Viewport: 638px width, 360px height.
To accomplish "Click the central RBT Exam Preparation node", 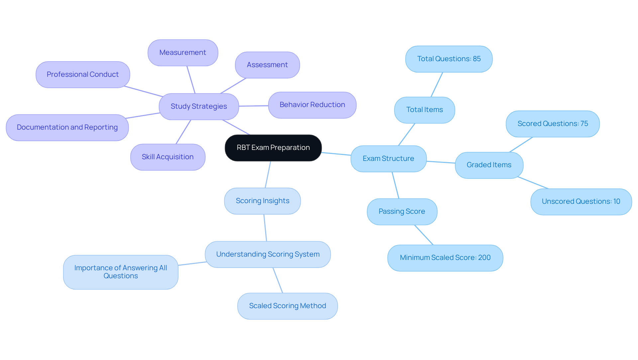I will pyautogui.click(x=273, y=148).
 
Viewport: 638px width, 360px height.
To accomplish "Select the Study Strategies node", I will pyautogui.click(x=199, y=106).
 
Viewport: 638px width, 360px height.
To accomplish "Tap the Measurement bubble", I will pyautogui.click(x=183, y=53).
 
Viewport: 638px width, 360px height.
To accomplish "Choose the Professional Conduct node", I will pyautogui.click(x=83, y=74).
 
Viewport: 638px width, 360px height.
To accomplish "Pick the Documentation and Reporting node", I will pyautogui.click(x=67, y=127).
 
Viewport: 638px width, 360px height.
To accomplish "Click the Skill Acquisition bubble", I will pyautogui.click(x=168, y=157).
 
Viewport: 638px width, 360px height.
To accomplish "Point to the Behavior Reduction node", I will pyautogui.click(x=312, y=105).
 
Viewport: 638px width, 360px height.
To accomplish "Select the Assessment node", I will pyautogui.click(x=267, y=65).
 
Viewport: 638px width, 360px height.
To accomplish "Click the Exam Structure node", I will pyautogui.click(x=388, y=159).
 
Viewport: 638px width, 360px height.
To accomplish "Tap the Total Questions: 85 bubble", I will pyautogui.click(x=449, y=59).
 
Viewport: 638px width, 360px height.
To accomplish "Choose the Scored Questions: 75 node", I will pyautogui.click(x=553, y=124).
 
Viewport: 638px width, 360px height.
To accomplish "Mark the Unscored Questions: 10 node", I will pyautogui.click(x=581, y=201).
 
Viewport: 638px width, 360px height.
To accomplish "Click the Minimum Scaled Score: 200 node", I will pyautogui.click(x=445, y=258).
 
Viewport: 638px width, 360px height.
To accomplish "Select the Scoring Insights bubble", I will pyautogui.click(x=263, y=201).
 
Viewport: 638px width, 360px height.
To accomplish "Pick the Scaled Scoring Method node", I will pyautogui.click(x=287, y=306).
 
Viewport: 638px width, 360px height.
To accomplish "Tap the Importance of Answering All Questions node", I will pyautogui.click(x=121, y=272).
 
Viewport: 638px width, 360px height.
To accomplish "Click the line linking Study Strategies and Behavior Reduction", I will pyautogui.click(x=254, y=106).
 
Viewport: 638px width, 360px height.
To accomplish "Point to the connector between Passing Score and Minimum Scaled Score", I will pyautogui.click(x=424, y=235).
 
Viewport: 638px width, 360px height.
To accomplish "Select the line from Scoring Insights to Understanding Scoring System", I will pyautogui.click(x=265, y=228).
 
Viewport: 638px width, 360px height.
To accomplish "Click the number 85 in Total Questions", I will pyautogui.click(x=477, y=59).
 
